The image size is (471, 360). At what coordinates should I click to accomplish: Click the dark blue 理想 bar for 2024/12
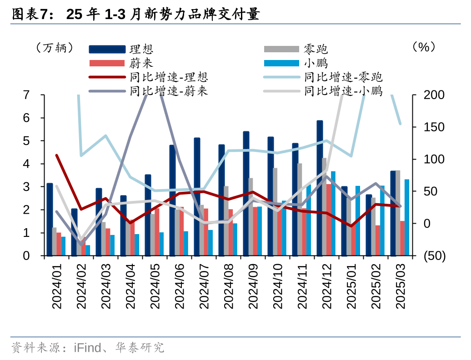click(320, 188)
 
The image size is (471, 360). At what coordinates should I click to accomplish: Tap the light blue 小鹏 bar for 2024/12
click(333, 213)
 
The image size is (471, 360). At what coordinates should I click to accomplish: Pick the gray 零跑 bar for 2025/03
click(398, 213)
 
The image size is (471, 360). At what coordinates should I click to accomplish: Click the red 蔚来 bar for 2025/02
click(378, 240)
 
